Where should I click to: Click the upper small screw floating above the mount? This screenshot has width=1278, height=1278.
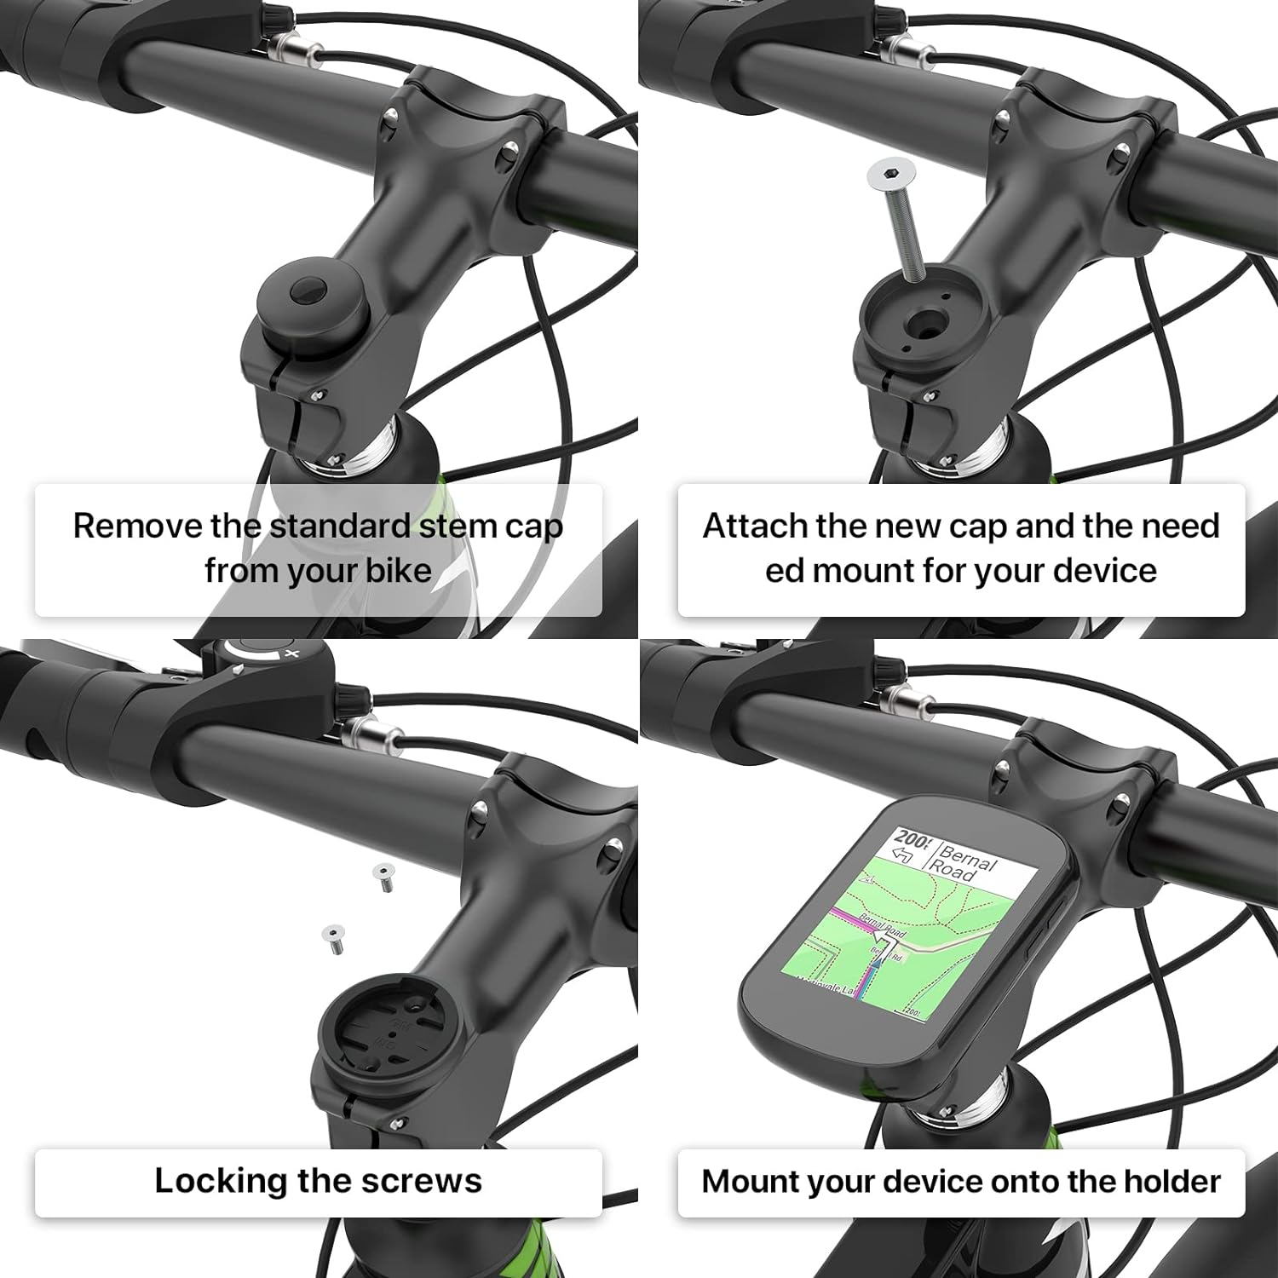(x=383, y=875)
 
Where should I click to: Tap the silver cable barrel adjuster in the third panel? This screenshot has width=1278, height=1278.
(x=371, y=734)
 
